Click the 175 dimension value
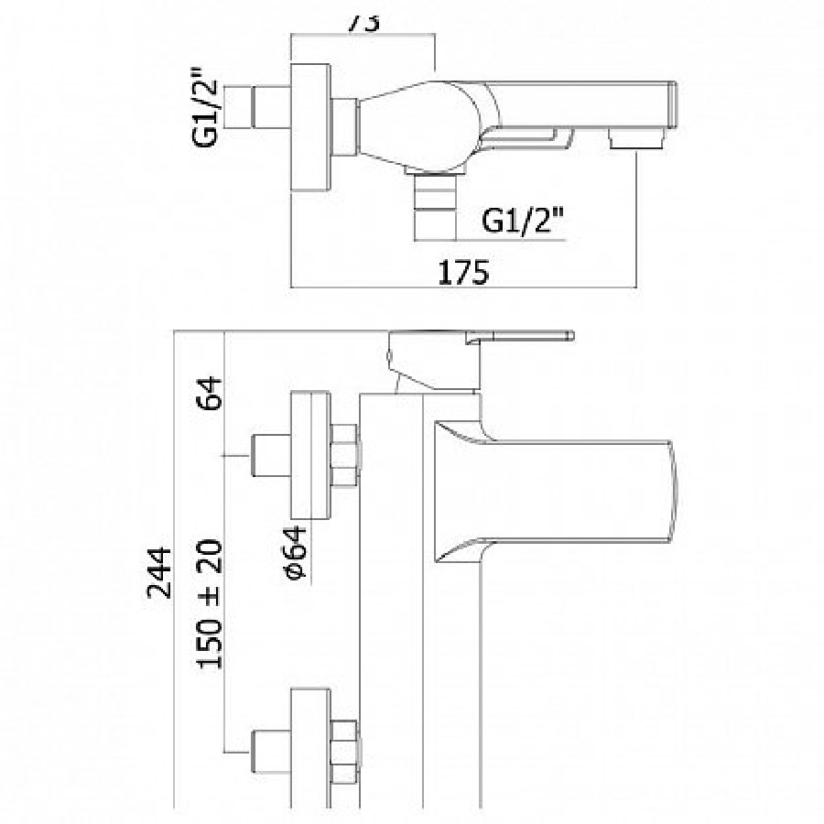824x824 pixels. point(464,272)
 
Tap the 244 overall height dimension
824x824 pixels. point(160,572)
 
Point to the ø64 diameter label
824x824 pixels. point(295,555)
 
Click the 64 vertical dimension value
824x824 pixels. point(212,396)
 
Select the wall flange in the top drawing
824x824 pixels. point(309,127)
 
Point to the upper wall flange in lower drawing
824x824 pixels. point(309,455)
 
